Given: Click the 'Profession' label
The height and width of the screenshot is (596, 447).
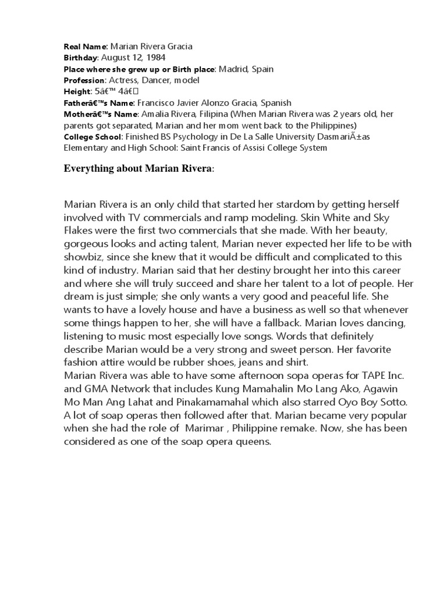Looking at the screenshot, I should [x=84, y=80].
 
